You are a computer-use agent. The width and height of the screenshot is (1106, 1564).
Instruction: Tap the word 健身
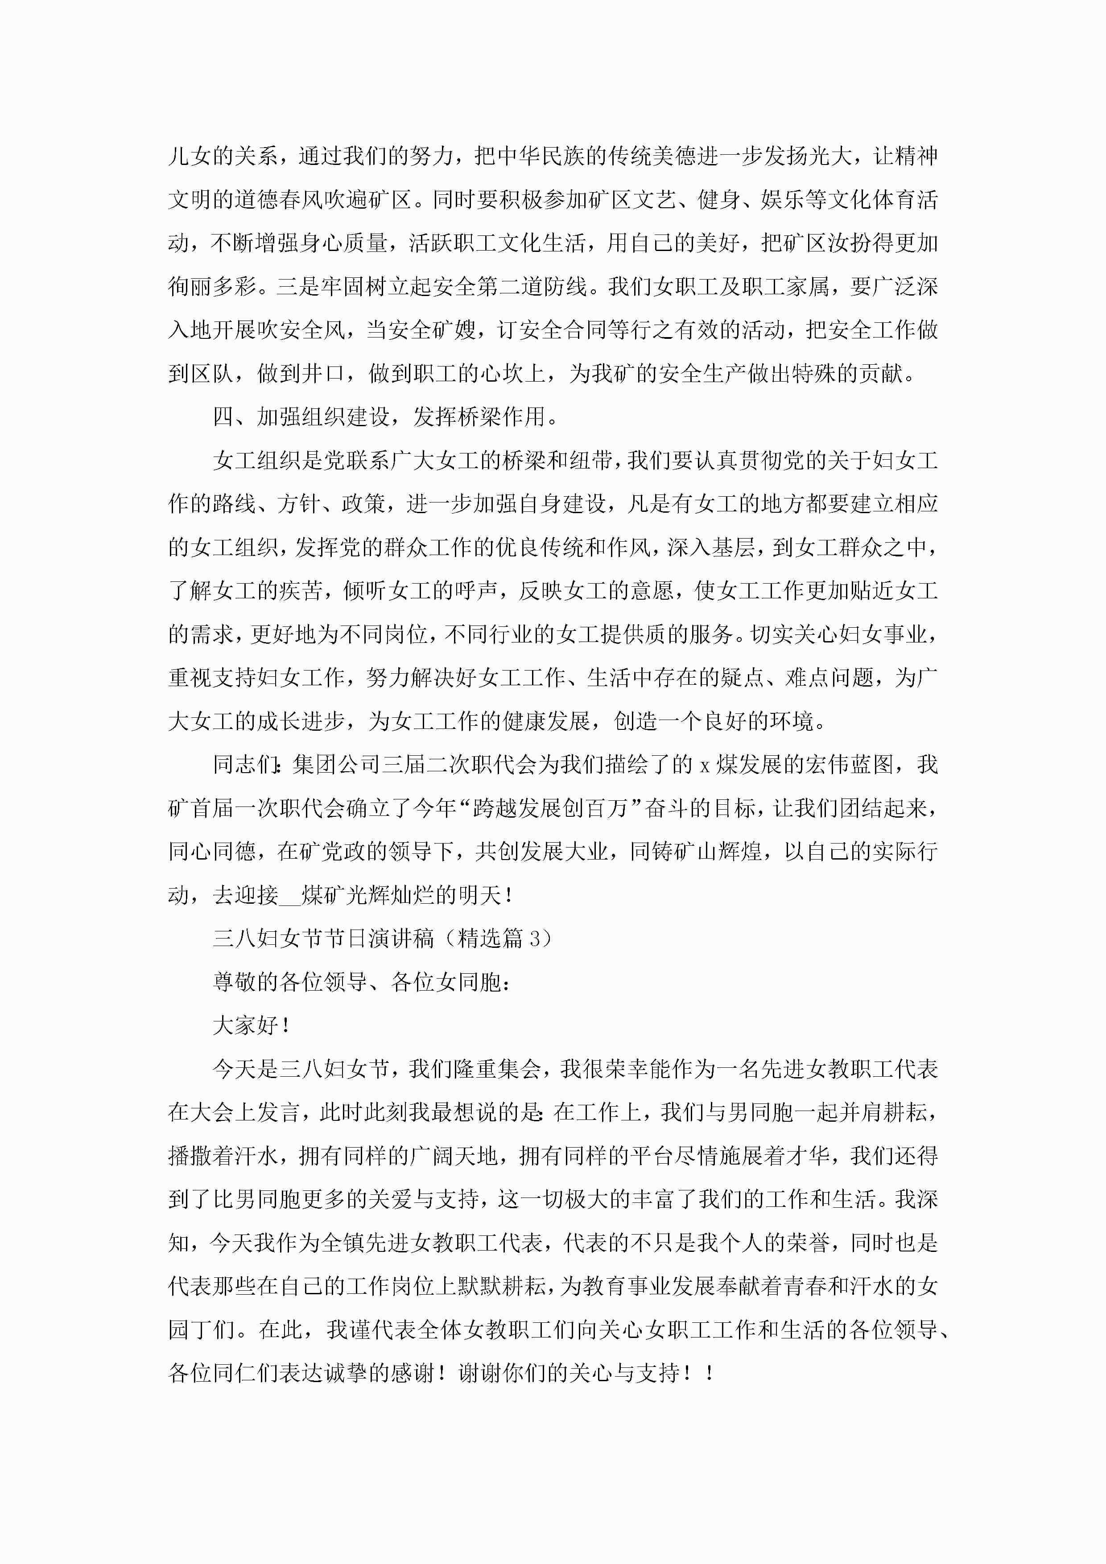coord(719,200)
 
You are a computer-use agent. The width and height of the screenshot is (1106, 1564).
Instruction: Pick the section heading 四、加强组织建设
coord(301,417)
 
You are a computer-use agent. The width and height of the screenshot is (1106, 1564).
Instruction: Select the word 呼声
coord(476,591)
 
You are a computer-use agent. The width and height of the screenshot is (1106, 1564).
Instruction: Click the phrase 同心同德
coord(212,852)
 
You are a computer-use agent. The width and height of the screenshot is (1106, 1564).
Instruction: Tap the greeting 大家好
coord(245,1025)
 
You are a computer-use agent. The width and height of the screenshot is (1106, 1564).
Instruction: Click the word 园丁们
coord(201,1329)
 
